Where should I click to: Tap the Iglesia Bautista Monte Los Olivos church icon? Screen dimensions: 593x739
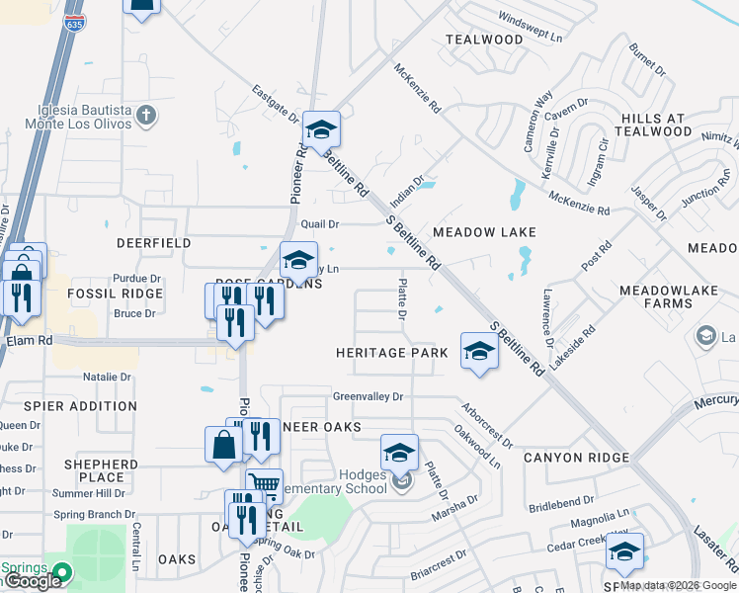point(146,116)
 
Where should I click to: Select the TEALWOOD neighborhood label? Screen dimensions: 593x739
point(484,40)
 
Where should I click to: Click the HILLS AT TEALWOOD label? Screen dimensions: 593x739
point(654,125)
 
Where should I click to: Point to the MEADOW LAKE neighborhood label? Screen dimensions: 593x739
point(484,232)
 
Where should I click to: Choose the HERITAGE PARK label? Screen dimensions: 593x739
point(385,353)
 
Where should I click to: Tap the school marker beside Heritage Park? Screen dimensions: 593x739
point(479,353)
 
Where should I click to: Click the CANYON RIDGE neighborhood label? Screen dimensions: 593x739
point(576,458)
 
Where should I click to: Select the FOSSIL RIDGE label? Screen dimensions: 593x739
point(115,294)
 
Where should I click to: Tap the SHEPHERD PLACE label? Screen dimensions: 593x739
point(101,470)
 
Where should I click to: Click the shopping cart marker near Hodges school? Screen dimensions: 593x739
point(264,485)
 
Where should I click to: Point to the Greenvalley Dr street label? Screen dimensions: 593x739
point(369,396)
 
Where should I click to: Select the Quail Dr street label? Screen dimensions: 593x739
point(320,224)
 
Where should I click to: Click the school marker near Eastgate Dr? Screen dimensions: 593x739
point(321,129)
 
